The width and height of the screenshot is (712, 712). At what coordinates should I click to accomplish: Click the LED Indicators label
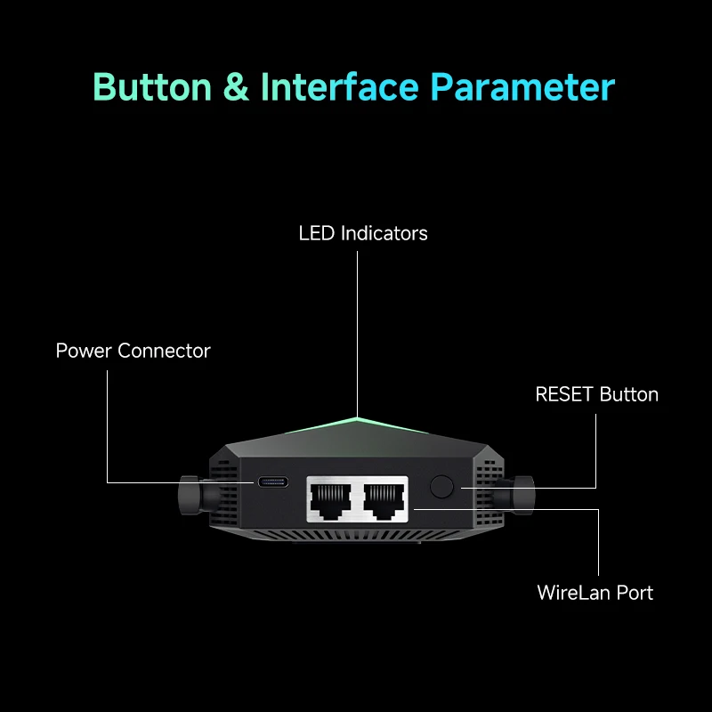[363, 233]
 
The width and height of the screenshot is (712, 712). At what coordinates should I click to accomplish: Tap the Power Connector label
[133, 351]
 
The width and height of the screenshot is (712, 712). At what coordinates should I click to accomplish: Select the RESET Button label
[596, 394]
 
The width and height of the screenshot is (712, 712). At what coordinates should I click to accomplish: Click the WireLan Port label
[595, 593]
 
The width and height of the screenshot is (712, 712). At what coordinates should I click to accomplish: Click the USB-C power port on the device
[273, 482]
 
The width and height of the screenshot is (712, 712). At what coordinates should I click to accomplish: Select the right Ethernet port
[384, 500]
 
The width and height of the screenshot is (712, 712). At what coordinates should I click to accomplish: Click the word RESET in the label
[564, 394]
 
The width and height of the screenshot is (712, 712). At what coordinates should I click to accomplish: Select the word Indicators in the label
[384, 233]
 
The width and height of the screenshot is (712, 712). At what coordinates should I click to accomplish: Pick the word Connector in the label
[164, 351]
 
